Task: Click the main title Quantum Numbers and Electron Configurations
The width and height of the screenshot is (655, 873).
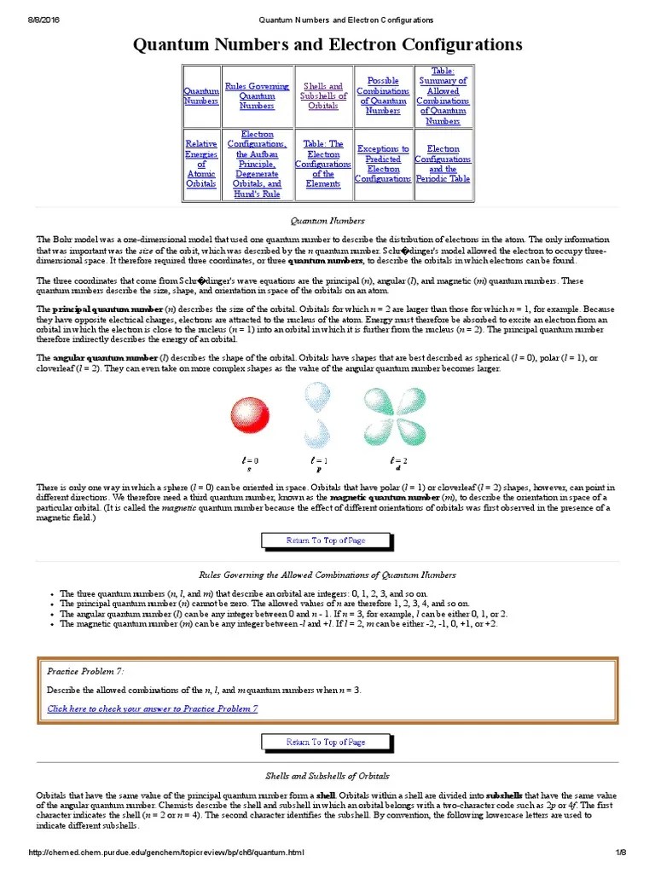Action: [327, 45]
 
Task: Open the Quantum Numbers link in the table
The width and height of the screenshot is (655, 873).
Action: [200, 95]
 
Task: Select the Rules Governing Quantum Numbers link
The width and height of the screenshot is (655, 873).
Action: [257, 95]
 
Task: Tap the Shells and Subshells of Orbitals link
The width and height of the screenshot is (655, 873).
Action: [323, 95]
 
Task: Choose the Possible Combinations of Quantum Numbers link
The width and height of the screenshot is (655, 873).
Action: [383, 95]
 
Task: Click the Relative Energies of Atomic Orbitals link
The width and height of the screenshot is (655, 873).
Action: [200, 164]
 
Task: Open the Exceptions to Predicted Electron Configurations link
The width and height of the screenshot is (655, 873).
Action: [383, 164]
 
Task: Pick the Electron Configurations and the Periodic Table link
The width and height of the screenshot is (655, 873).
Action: [443, 164]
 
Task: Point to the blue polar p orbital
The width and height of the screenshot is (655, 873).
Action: [319, 413]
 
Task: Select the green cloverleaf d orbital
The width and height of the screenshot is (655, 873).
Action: [394, 414]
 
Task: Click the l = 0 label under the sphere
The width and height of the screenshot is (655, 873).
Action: [249, 460]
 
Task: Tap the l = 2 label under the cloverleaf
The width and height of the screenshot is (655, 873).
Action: [396, 460]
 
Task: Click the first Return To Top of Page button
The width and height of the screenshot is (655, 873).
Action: [327, 541]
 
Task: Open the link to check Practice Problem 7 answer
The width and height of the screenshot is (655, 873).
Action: [153, 708]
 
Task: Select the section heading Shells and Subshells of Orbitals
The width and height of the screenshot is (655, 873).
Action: [327, 776]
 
